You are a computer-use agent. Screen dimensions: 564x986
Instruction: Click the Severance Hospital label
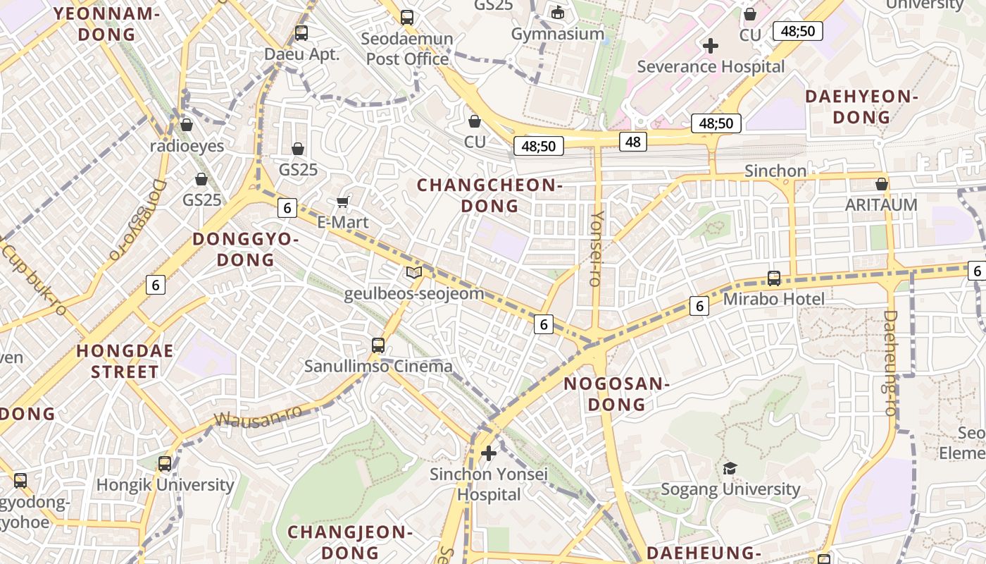(x=710, y=66)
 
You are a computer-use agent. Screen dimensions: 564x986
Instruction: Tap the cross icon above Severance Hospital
(x=711, y=46)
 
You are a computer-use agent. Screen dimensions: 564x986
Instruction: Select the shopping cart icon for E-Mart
(x=343, y=202)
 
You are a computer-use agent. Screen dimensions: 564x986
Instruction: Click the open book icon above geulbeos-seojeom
(x=414, y=273)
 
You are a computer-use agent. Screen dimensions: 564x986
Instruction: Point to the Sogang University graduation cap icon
(x=730, y=468)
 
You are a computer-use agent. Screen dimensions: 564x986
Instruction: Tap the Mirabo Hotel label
(x=773, y=299)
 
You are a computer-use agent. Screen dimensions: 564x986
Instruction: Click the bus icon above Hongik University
(x=165, y=464)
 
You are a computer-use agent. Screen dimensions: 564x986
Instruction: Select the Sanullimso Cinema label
(x=378, y=366)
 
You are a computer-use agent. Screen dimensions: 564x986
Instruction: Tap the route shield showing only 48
(x=632, y=142)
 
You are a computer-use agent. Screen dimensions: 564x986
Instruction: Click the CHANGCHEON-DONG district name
(x=489, y=195)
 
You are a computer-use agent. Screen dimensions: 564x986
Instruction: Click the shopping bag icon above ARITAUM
(x=881, y=184)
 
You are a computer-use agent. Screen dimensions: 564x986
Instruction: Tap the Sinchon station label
(x=775, y=171)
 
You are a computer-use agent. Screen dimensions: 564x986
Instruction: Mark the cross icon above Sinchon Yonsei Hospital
(x=489, y=453)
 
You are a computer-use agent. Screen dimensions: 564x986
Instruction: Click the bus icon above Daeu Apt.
(x=301, y=32)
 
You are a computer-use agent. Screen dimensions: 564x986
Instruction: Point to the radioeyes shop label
(x=187, y=146)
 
